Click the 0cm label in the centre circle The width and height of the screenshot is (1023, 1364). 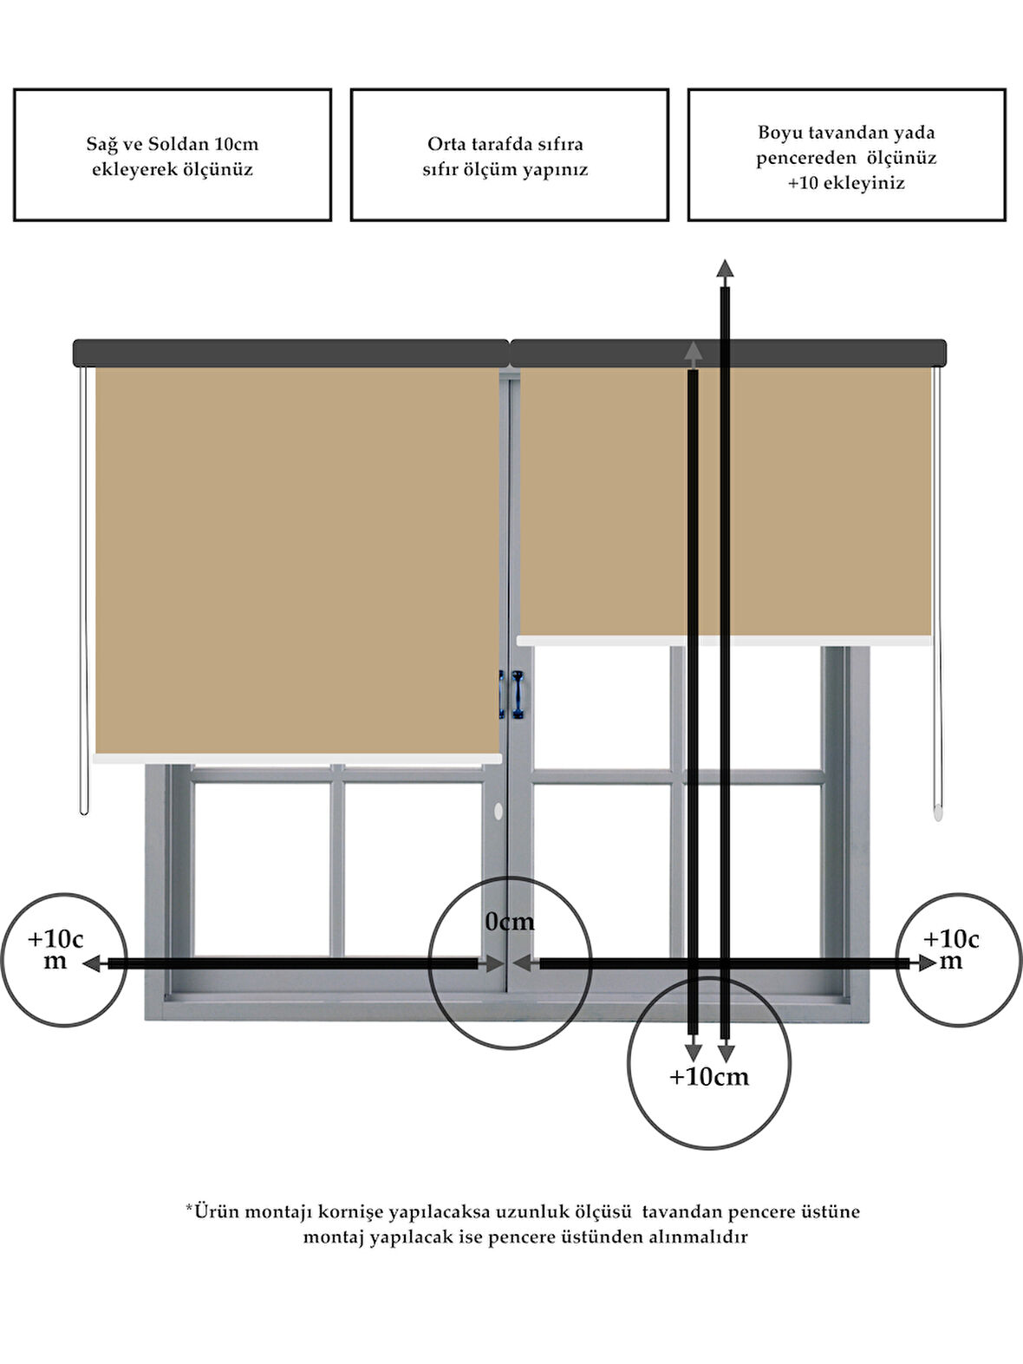coord(509,922)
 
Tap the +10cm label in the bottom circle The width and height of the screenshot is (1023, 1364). coord(708,1077)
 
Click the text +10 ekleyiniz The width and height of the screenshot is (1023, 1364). coord(846,183)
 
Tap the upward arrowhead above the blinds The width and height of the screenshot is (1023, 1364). coord(725,269)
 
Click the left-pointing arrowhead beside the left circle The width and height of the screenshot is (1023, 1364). coord(92,963)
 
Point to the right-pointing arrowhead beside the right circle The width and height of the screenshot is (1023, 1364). coord(926,963)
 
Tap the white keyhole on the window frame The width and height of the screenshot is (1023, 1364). coord(498,811)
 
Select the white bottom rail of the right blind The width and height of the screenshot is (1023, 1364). coord(725,641)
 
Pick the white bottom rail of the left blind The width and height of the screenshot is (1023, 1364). coord(296,759)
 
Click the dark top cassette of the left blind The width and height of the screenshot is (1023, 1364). coord(291,353)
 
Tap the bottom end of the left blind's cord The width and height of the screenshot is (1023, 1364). coord(84,813)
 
